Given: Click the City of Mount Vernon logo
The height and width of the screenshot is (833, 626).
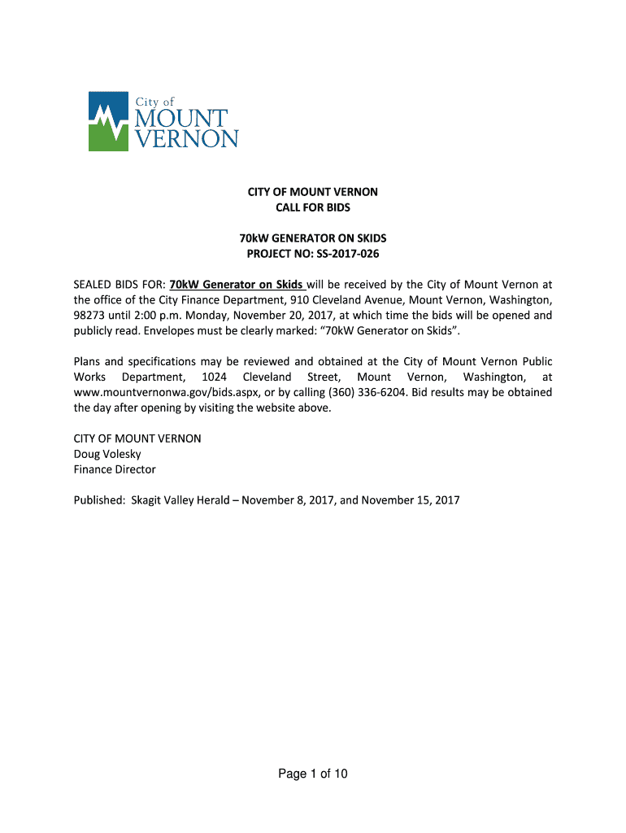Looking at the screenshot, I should point(163,121).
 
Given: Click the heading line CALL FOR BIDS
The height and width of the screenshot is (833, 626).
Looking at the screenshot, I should point(312,207).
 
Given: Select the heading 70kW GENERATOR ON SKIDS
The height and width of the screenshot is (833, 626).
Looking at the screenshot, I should point(312,238).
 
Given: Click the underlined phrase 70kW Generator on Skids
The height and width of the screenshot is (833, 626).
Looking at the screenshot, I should point(236,285).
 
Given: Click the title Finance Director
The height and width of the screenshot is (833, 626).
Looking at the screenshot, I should point(115,469).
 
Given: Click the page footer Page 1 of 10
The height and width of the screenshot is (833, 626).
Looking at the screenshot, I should point(312,774).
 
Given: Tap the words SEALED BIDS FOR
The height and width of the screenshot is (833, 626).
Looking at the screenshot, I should point(119,285).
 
